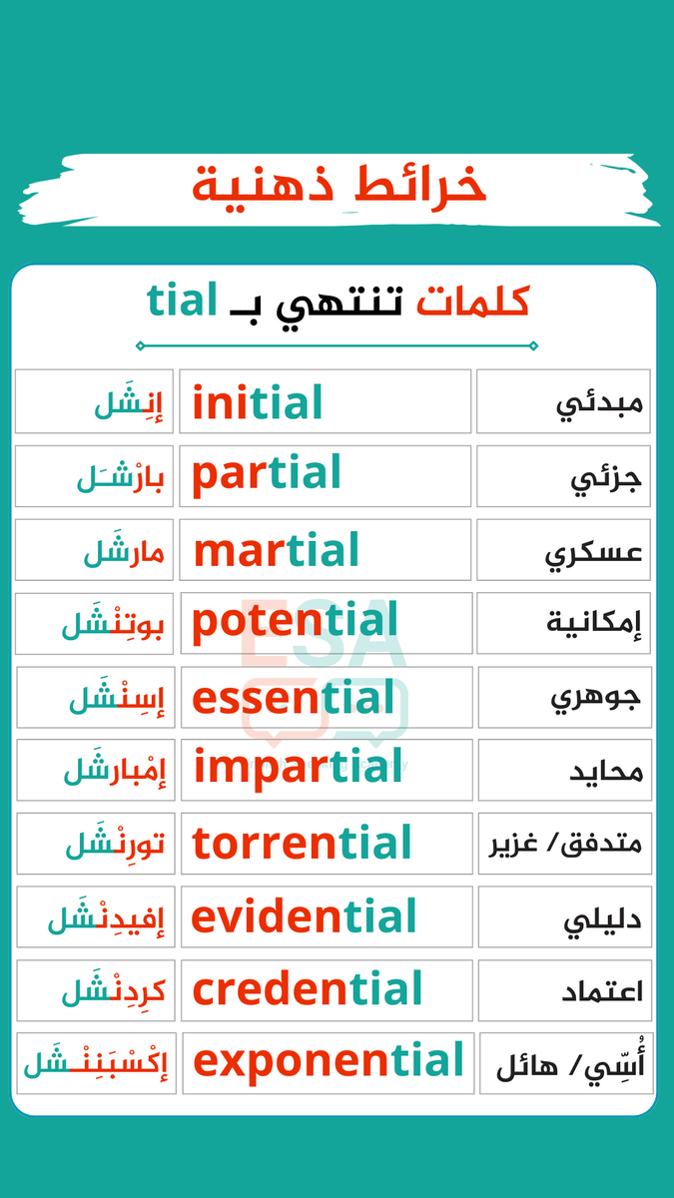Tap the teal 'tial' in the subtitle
point(183,300)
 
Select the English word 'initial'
point(258,403)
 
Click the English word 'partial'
point(267,475)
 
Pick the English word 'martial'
point(276,550)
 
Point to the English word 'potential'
point(295,623)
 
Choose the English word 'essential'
point(294,698)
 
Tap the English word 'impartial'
point(298,768)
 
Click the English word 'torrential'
point(302,844)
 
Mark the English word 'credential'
point(308,990)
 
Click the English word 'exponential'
point(329,1061)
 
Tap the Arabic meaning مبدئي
point(601,405)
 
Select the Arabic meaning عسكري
point(594,552)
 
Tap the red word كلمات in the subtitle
point(472,300)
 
